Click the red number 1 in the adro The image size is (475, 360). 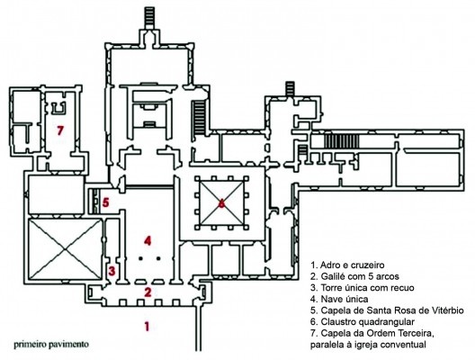tap(147, 327)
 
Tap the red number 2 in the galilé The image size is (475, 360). tap(148, 292)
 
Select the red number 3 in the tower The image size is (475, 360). tap(112, 271)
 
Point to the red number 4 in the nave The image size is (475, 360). tap(148, 240)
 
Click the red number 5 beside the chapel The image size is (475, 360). tap(105, 202)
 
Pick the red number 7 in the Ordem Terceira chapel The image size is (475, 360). tap(60, 130)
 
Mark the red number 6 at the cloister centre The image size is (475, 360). tap(222, 203)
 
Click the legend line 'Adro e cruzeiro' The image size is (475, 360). tap(347, 265)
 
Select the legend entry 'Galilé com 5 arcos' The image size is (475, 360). tap(354, 276)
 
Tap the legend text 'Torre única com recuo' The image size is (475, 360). tap(363, 287)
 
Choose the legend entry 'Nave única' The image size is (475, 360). tap(339, 299)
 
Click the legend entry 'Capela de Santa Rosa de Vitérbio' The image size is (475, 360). tap(387, 310)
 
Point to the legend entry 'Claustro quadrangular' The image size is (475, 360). tap(363, 321)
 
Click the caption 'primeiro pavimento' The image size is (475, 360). tap(51, 345)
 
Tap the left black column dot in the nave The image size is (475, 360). tap(140, 258)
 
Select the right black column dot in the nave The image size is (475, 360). tap(158, 258)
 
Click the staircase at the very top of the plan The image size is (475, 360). tap(149, 18)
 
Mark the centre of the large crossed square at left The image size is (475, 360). tap(64, 249)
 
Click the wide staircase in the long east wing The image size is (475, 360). tap(342, 141)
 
